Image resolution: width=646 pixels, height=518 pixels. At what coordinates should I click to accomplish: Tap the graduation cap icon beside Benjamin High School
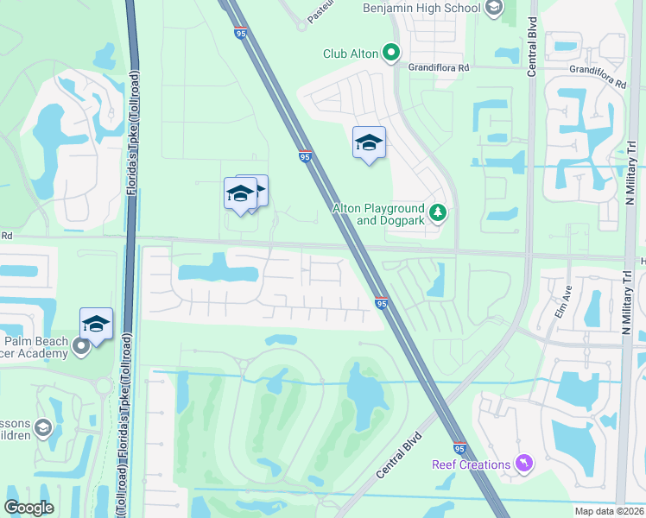(x=493, y=9)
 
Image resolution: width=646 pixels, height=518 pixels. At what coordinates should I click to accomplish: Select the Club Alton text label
(x=351, y=54)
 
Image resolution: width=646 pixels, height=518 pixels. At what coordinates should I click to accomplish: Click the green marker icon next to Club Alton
(x=391, y=54)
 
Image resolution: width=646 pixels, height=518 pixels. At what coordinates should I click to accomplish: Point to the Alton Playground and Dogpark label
(x=379, y=214)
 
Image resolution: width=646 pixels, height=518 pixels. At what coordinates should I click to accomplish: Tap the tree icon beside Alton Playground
(x=438, y=212)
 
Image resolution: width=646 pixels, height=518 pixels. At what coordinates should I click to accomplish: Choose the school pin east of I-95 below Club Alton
(x=369, y=144)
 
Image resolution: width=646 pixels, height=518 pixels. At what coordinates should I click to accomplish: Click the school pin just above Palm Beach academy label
(x=97, y=325)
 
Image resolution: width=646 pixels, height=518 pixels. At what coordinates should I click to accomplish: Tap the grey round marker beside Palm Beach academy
(x=82, y=347)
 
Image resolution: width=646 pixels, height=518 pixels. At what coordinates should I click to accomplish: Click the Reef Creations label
(x=471, y=464)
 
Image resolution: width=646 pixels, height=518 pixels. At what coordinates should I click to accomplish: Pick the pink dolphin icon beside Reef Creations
(x=522, y=464)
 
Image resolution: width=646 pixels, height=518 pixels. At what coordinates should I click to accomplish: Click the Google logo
(x=28, y=508)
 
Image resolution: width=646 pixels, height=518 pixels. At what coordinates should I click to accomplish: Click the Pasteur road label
(x=322, y=10)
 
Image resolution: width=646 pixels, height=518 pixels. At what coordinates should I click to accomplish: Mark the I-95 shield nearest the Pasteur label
(x=238, y=33)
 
